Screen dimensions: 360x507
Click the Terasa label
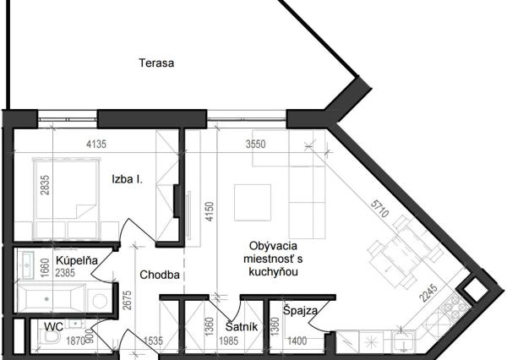157,63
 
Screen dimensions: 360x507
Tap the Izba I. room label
127,179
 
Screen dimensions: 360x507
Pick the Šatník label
241,326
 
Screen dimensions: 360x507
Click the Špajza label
301,311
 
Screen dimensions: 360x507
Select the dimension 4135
96,145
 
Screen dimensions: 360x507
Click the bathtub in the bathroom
52,298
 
